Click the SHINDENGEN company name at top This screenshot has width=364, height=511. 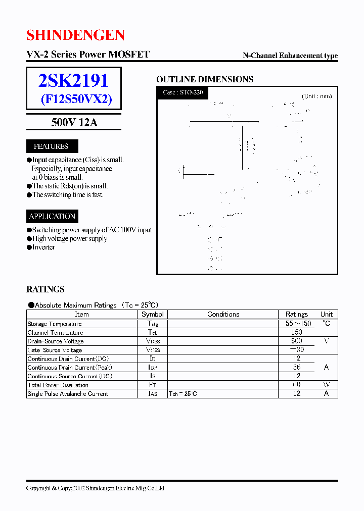75,35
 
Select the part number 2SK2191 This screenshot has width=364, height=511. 74,81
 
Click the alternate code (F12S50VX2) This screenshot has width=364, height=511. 76,99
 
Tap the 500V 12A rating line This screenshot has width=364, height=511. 74,122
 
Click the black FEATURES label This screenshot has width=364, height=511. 51,146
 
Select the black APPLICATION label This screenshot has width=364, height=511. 52,216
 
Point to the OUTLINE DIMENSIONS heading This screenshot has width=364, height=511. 204,79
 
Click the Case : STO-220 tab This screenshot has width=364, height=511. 183,92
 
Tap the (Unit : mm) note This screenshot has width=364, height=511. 317,96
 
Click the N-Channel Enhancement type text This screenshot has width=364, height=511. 290,56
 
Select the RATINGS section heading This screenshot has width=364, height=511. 45,289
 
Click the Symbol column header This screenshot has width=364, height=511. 152,314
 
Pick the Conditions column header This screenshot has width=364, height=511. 223,314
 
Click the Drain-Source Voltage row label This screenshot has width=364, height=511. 56,341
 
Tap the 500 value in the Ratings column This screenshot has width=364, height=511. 297,341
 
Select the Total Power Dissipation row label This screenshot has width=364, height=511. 58,385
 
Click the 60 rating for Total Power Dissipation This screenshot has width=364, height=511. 297,385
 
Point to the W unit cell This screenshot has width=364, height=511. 326,385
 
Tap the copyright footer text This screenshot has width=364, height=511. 95,488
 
